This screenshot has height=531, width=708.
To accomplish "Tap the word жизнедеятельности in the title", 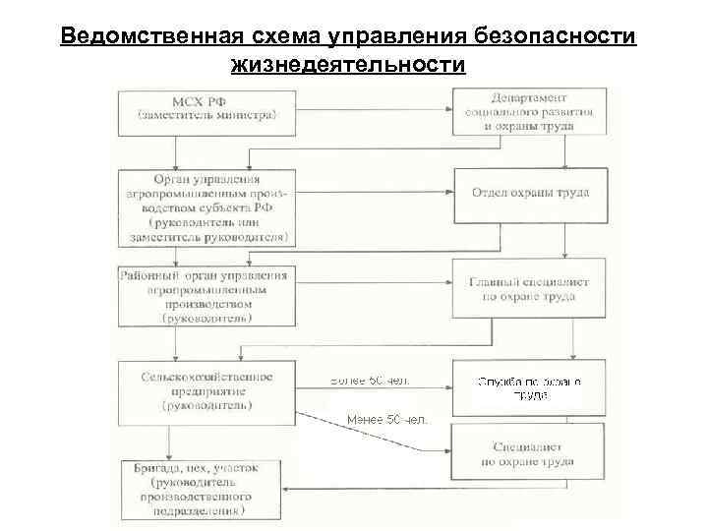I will point(347,65).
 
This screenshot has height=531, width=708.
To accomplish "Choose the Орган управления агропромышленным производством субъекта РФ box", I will point(206,207).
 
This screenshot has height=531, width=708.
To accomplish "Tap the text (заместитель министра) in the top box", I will point(206,115).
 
